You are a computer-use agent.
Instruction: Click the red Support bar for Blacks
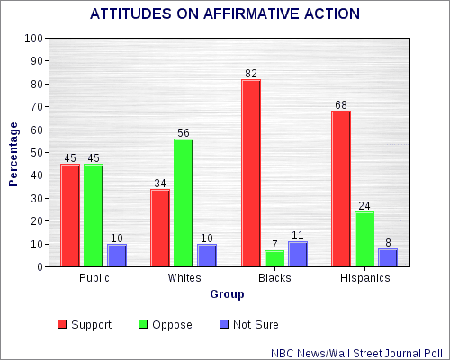(x=251, y=173)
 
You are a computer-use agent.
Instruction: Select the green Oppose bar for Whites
(x=184, y=202)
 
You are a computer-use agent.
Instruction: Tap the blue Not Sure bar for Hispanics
(x=388, y=257)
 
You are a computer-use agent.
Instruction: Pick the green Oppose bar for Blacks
(x=274, y=258)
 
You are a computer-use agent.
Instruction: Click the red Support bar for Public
(x=70, y=215)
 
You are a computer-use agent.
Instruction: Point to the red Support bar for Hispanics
(x=341, y=189)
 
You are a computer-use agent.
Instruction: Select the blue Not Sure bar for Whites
(x=207, y=256)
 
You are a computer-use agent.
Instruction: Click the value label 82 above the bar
(x=251, y=74)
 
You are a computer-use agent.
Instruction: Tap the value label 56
(x=184, y=133)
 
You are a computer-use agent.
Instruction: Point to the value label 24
(x=364, y=206)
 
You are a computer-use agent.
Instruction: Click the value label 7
(x=274, y=245)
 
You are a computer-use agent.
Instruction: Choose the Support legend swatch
(x=62, y=324)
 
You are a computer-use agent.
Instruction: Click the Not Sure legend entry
(x=249, y=324)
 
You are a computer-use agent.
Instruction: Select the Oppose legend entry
(x=166, y=324)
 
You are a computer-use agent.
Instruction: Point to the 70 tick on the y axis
(x=37, y=107)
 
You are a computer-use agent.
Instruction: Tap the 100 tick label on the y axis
(x=34, y=39)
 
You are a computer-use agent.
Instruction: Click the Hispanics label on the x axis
(x=365, y=278)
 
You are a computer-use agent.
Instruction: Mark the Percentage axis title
(x=13, y=155)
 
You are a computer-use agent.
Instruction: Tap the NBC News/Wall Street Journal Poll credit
(x=357, y=354)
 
